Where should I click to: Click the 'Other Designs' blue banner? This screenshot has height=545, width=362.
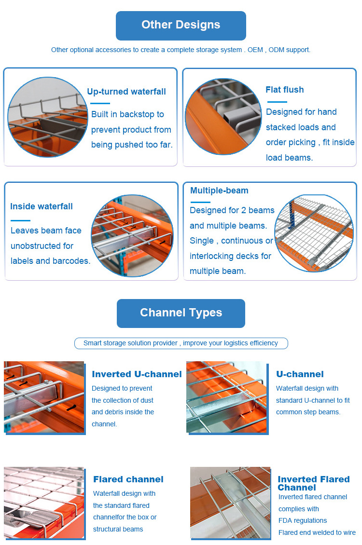pyautogui.click(x=181, y=26)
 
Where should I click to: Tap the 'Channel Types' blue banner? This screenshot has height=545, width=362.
pyautogui.click(x=181, y=313)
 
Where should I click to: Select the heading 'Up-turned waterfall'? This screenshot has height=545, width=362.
pyautogui.click(x=126, y=92)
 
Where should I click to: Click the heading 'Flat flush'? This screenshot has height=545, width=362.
pyautogui.click(x=285, y=90)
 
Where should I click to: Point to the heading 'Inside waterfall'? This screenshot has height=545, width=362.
pyautogui.click(x=42, y=206)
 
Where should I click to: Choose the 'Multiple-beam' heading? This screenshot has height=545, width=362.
pyautogui.click(x=219, y=191)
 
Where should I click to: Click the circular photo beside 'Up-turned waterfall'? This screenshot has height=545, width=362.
pyautogui.click(x=47, y=117)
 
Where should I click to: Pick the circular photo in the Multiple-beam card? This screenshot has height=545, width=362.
pyautogui.click(x=315, y=233)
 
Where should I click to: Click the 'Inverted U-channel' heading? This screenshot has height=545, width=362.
pyautogui.click(x=137, y=374)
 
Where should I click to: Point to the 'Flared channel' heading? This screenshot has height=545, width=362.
pyautogui.click(x=128, y=479)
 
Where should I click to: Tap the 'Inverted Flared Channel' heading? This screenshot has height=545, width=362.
pyautogui.click(x=314, y=483)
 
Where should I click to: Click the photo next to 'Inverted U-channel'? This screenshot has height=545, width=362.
pyautogui.click(x=44, y=397)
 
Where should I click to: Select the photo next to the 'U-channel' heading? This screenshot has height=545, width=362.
pyautogui.click(x=226, y=397)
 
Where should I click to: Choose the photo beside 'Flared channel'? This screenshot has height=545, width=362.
pyautogui.click(x=44, y=503)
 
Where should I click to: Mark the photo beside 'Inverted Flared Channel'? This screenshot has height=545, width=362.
pyautogui.click(x=230, y=503)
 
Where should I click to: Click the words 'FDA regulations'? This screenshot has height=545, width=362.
pyautogui.click(x=303, y=520)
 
